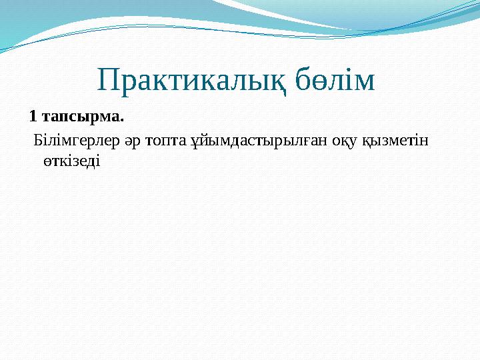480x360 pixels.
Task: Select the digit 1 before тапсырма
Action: point(33,117)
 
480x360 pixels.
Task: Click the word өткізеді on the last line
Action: point(70,161)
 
